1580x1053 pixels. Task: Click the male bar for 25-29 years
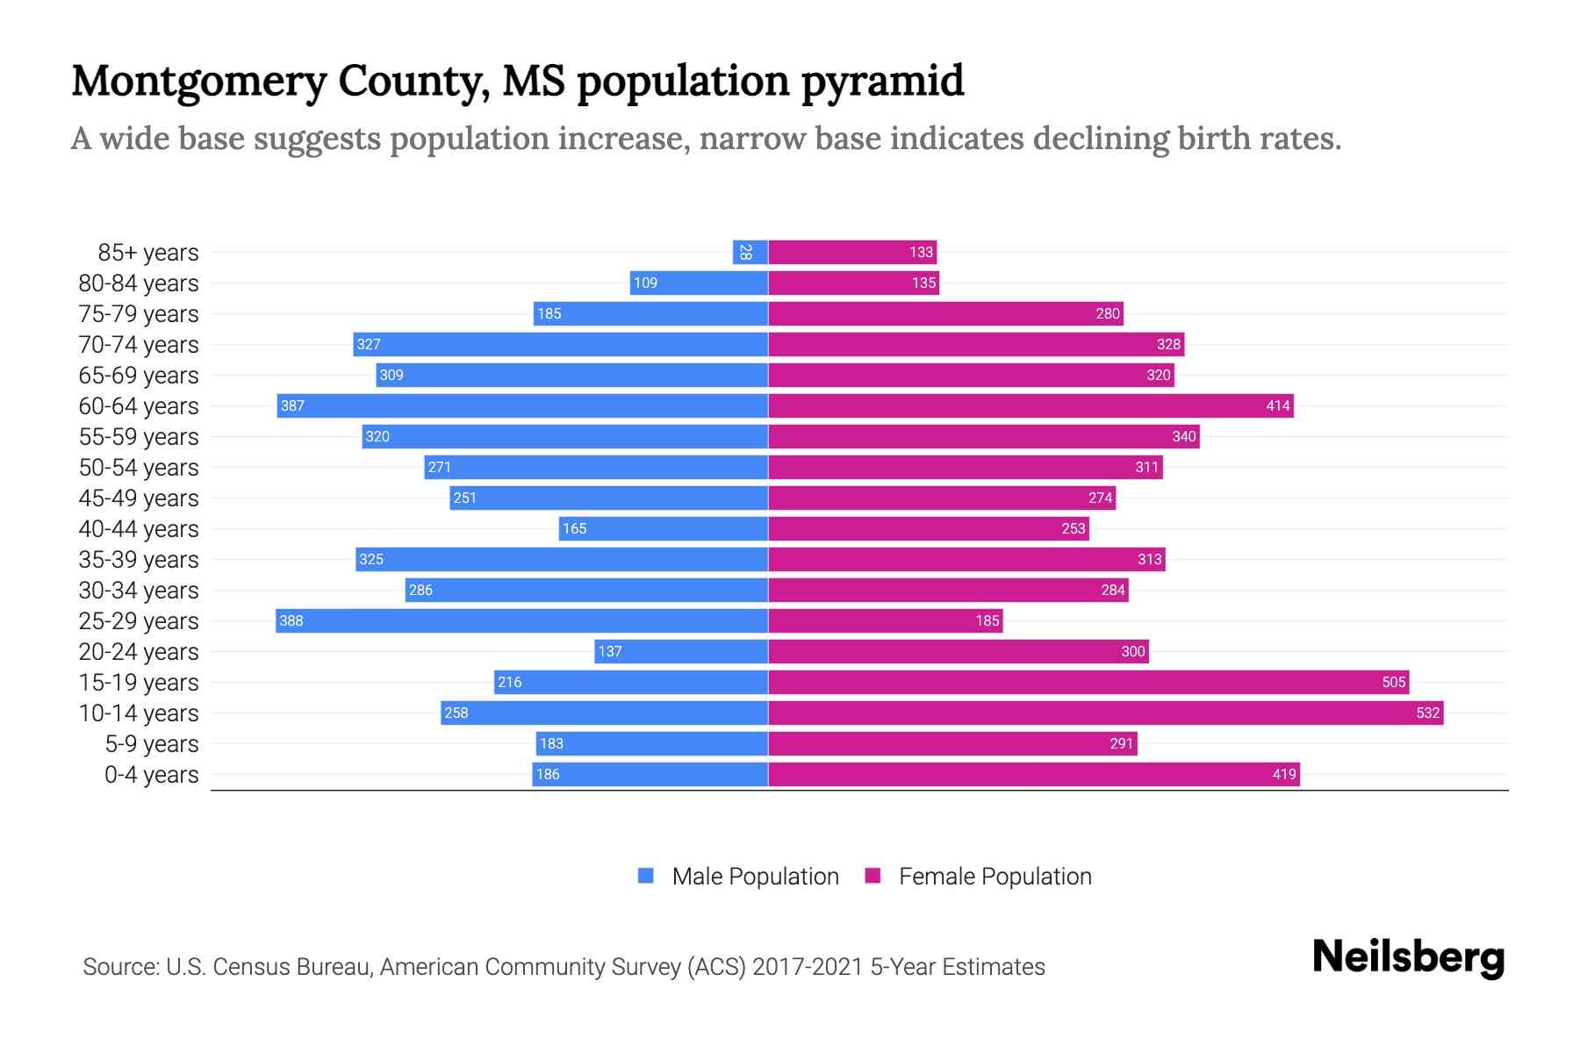click(521, 621)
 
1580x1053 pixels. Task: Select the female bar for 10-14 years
click(1105, 713)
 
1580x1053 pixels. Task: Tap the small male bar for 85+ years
click(750, 253)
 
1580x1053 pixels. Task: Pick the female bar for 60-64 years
click(1031, 406)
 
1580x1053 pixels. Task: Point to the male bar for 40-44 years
click(664, 529)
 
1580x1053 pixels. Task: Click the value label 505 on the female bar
click(1393, 683)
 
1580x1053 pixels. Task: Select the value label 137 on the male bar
click(609, 652)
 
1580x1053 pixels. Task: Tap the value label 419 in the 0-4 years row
click(1283, 775)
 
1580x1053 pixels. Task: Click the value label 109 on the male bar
click(645, 283)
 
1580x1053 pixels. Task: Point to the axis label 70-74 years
click(139, 345)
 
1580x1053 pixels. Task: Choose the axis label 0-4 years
click(151, 775)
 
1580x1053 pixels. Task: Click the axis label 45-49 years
click(139, 498)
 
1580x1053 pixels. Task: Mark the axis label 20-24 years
click(139, 652)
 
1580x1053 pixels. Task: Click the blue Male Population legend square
click(646, 876)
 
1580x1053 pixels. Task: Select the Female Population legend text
click(995, 877)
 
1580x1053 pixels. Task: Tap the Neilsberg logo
click(1408, 957)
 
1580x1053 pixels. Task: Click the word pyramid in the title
click(882, 82)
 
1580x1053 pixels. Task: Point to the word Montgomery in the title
click(198, 82)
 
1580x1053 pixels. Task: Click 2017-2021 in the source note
click(808, 967)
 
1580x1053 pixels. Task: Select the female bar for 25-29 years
click(885, 621)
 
